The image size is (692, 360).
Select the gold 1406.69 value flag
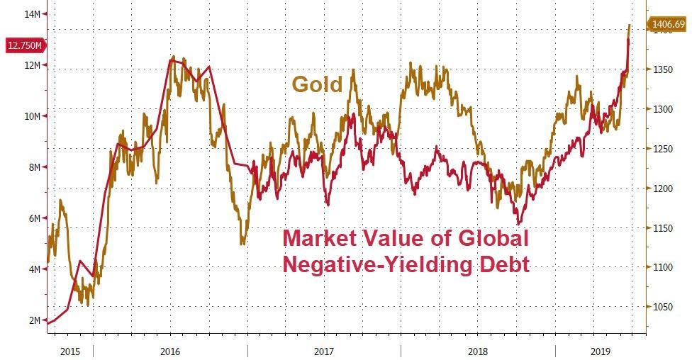(667, 25)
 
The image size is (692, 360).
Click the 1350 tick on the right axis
(662, 70)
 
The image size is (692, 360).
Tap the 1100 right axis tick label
(662, 267)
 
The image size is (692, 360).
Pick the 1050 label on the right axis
(662, 307)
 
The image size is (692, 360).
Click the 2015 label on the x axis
(69, 351)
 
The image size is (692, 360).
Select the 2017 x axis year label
(324, 351)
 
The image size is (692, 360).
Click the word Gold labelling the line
(317, 84)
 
